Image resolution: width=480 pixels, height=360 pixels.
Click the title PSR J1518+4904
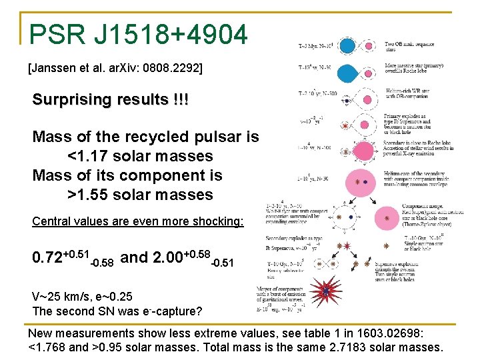[x=139, y=33]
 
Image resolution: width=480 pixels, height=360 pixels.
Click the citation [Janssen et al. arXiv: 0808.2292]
[x=115, y=68]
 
